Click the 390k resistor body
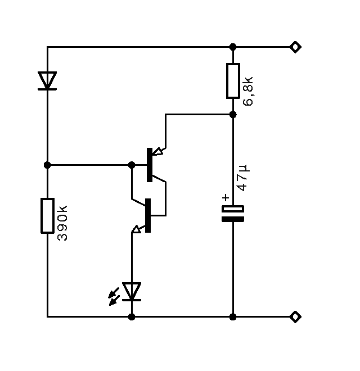click(x=47, y=215)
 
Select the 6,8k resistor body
click(x=233, y=81)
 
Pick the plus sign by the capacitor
click(x=226, y=197)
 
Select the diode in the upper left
click(x=47, y=80)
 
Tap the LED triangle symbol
click(x=132, y=291)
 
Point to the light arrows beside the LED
click(x=114, y=296)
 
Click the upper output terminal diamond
click(x=295, y=47)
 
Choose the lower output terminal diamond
click(x=295, y=316)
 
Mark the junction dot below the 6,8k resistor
click(x=233, y=114)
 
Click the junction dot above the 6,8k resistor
click(x=233, y=47)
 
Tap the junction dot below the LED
click(x=132, y=316)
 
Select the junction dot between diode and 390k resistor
click(x=47, y=165)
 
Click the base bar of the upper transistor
click(x=149, y=165)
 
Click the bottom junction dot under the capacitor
click(x=233, y=316)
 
